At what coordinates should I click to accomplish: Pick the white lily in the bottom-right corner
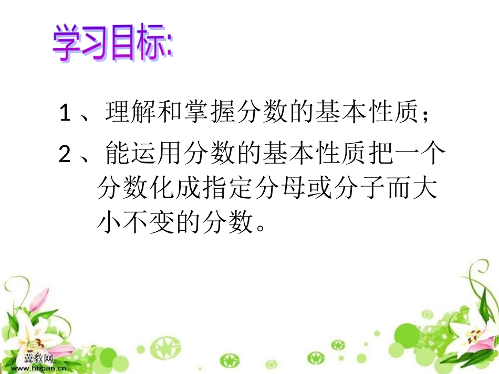coord(475,336)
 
